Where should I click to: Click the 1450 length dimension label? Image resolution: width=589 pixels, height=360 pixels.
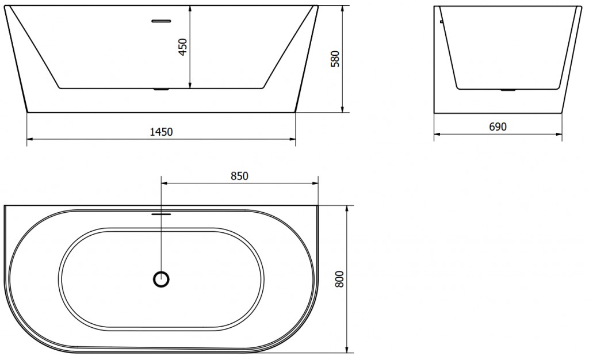tap(161, 132)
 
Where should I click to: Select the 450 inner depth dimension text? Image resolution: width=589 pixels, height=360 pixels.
tap(183, 47)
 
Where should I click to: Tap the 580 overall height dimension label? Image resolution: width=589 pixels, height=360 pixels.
tap(335, 59)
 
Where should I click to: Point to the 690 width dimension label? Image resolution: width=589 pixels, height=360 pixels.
tap(498, 127)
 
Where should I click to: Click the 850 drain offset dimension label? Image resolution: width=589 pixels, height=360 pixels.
tap(239, 175)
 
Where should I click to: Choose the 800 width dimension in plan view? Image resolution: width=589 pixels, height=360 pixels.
tap(339, 279)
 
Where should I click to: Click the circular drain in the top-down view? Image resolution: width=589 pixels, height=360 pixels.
tap(162, 279)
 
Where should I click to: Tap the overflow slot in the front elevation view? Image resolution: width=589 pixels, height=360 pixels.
tap(161, 21)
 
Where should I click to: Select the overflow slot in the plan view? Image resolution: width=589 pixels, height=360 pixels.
tap(161, 215)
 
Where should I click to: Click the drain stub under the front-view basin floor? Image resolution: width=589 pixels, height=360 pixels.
tap(161, 89)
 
